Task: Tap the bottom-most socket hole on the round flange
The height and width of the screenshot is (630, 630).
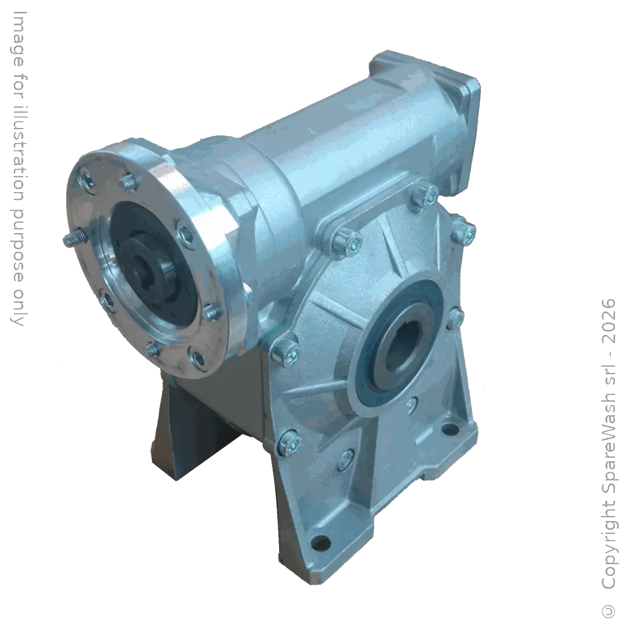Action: pyautogui.click(x=197, y=358)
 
